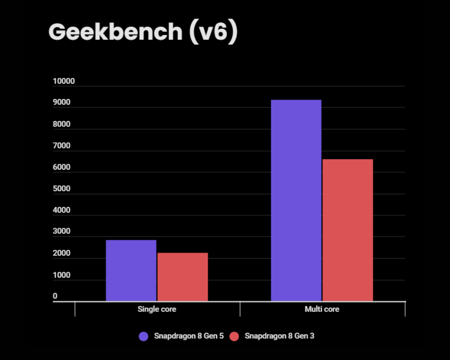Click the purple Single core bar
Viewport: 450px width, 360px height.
click(131, 270)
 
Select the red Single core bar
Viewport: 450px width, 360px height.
click(183, 277)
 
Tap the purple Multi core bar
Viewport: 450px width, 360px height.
click(296, 200)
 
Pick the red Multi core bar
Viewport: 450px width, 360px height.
click(348, 230)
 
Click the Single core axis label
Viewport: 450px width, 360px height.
click(157, 310)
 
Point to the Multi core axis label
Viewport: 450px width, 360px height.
click(322, 310)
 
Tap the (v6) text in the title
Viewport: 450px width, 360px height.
click(212, 32)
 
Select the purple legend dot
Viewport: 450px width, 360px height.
click(144, 336)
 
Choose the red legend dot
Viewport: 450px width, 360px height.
click(234, 336)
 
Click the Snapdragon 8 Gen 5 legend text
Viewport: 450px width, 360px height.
click(189, 336)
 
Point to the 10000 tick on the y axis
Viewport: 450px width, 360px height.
click(63, 81)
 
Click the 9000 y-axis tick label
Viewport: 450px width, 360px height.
click(62, 103)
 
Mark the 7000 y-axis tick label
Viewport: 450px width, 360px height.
click(62, 146)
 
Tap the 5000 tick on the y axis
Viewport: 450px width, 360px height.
click(62, 189)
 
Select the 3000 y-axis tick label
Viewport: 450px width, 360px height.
click(62, 232)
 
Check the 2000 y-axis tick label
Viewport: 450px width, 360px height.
click(62, 253)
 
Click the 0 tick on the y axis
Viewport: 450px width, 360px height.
click(55, 296)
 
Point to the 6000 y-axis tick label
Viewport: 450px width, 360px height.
click(62, 167)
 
